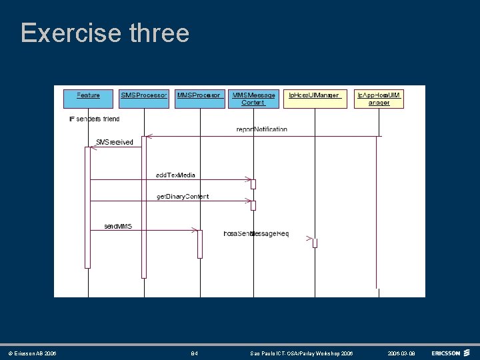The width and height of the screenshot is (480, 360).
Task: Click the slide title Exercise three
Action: coord(105,33)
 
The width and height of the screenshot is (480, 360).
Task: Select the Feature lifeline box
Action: coord(88,98)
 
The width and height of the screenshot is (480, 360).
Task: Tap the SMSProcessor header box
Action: coord(144,98)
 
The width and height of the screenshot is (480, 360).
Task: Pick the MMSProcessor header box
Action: coord(199,98)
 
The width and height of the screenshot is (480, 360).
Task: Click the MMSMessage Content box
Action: coord(253,99)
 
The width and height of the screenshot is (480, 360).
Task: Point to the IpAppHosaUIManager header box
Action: coord(379,99)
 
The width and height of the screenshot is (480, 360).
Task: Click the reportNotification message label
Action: coord(261,129)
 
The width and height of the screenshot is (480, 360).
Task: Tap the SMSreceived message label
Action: coord(114,142)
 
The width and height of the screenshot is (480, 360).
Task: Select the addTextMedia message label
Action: coord(175,175)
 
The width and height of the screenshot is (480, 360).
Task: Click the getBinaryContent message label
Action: coord(182,197)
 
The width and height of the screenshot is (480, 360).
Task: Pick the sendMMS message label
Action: coord(118,227)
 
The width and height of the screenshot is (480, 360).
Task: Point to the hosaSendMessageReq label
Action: coord(256,234)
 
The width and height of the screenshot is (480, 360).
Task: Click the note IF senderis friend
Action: coord(95,119)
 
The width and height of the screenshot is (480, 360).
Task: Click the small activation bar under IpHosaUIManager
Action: coord(315,243)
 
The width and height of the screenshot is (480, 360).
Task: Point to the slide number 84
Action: coord(195,353)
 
